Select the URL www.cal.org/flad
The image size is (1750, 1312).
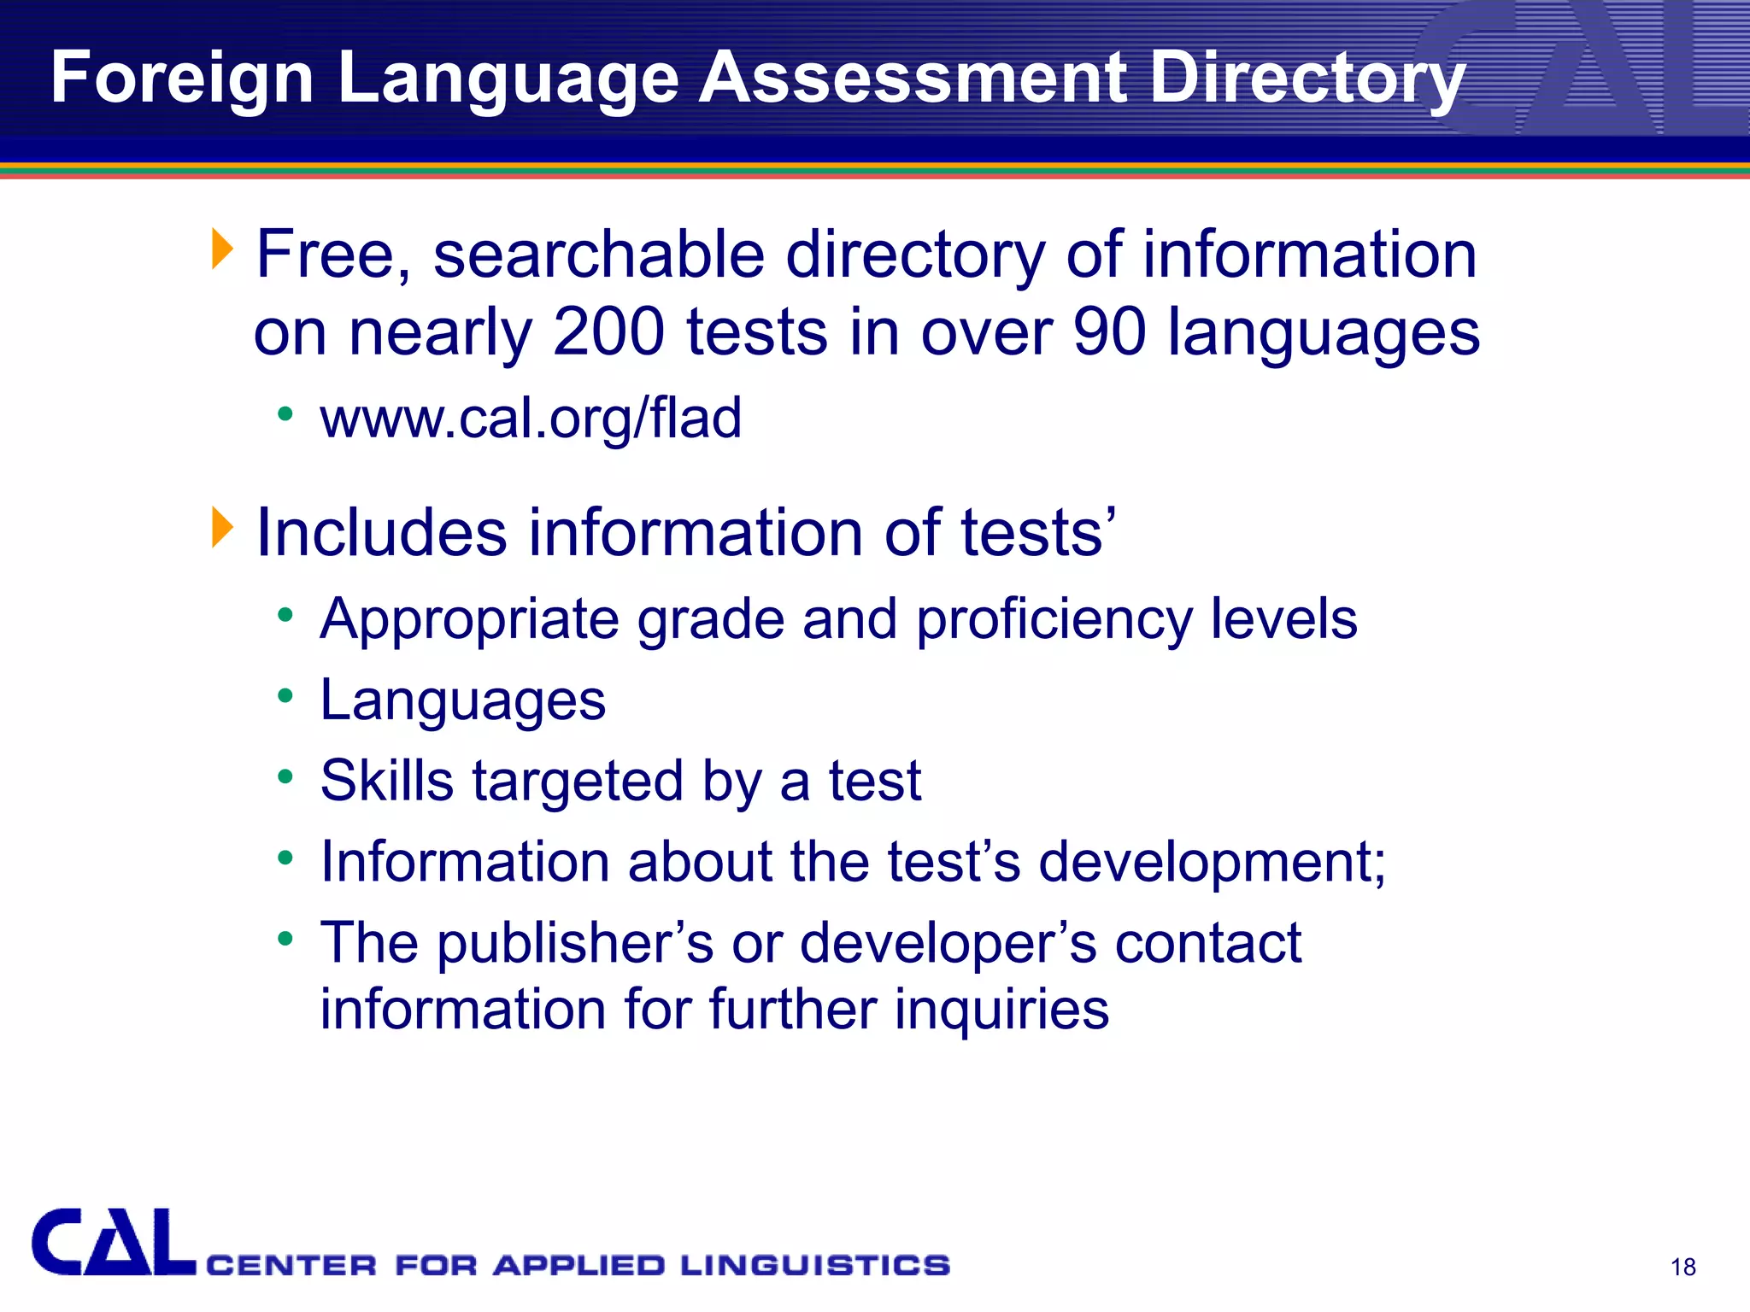pyautogui.click(x=531, y=419)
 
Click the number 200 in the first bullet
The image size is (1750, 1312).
pyautogui.click(x=608, y=332)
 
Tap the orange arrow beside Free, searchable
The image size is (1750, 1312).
pyautogui.click(x=222, y=249)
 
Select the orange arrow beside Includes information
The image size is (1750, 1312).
pyautogui.click(x=222, y=527)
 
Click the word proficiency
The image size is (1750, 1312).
pyautogui.click(x=1054, y=619)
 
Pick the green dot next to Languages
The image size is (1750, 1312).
pyautogui.click(x=285, y=695)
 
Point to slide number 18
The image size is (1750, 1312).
pyautogui.click(x=1682, y=1267)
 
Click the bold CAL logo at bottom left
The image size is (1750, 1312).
pyautogui.click(x=113, y=1243)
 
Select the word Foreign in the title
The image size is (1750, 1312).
pyautogui.click(x=182, y=78)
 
